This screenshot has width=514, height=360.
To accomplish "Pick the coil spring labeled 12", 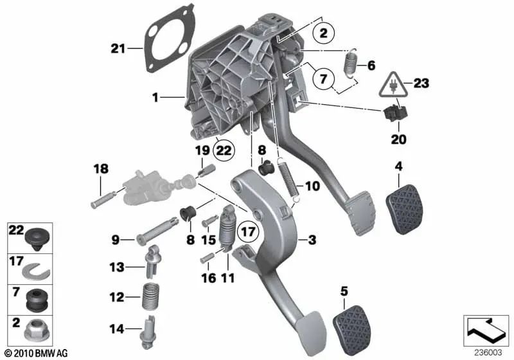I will pos(149,299).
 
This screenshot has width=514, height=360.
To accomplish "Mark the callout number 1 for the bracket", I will pos(155,98).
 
